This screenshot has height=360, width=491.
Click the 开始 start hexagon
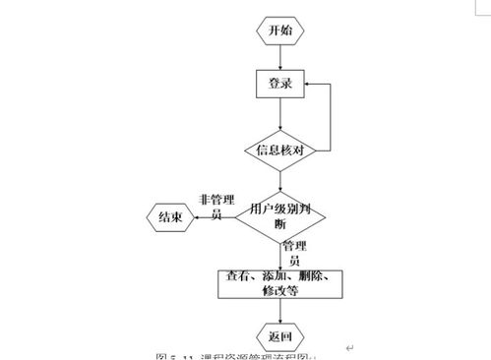[280, 30]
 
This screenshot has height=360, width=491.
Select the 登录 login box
[280, 86]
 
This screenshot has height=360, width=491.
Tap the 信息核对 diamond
[281, 150]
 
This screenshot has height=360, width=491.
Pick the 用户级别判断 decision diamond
[280, 215]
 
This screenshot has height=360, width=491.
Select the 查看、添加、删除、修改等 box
[280, 283]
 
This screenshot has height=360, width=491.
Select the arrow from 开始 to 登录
[280, 57]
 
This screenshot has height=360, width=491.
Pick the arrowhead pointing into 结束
[201, 218]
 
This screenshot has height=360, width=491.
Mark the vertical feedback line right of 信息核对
[329, 118]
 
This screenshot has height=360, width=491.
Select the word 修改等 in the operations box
[280, 291]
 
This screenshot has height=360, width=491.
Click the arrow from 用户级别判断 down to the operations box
[280, 257]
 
